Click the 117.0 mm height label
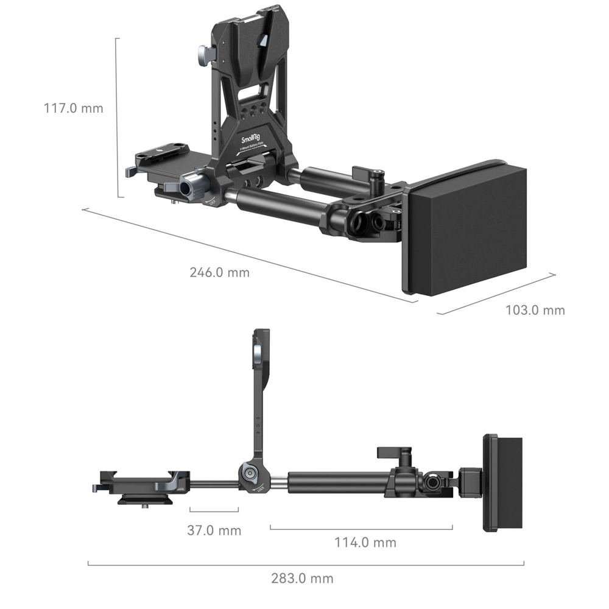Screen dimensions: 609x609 (73, 108)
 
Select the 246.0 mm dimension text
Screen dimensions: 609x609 (219, 272)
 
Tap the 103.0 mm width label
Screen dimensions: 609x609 (535, 310)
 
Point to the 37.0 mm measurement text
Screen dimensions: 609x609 (214, 530)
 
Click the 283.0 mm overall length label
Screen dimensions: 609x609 (303, 578)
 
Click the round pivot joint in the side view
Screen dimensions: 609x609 (248, 473)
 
